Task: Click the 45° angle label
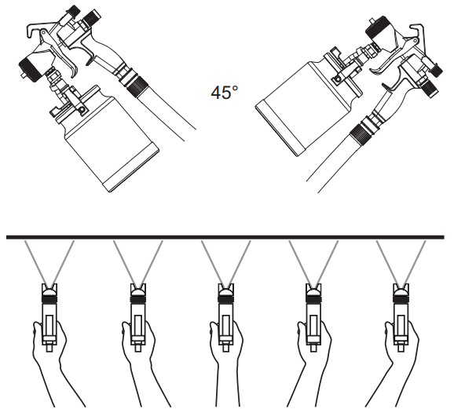click(223, 93)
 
